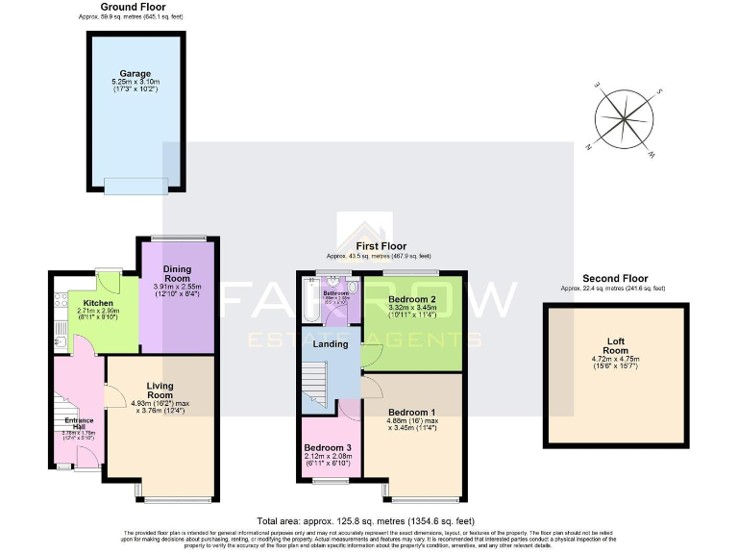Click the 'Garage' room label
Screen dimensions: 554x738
(134, 73)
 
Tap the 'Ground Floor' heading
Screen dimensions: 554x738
(134, 7)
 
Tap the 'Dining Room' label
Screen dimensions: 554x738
(177, 275)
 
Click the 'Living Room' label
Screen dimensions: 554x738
(159, 390)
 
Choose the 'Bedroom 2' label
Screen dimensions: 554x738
(412, 299)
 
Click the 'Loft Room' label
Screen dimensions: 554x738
(615, 345)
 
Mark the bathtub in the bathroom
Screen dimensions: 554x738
(307, 300)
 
